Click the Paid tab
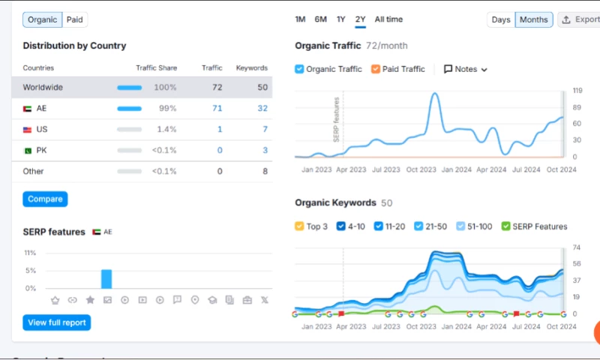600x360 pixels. click(74, 19)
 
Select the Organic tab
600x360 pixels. click(42, 19)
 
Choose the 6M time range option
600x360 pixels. click(320, 19)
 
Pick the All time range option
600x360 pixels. click(388, 19)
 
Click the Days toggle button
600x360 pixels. click(500, 20)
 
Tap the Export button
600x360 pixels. click(579, 20)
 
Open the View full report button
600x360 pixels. click(56, 322)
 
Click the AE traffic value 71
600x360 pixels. click(217, 109)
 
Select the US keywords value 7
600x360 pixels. click(265, 130)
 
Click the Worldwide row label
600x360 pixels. click(43, 88)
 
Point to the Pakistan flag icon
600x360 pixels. click(28, 151)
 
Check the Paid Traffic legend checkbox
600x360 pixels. click(376, 69)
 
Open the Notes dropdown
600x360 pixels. click(466, 69)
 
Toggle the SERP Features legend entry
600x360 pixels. click(534, 226)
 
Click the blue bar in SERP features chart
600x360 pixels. click(106, 279)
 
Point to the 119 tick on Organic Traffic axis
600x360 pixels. click(577, 91)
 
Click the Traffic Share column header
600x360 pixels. click(156, 68)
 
